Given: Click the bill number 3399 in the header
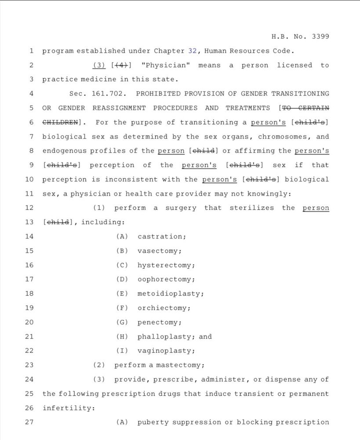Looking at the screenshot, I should click(320, 37).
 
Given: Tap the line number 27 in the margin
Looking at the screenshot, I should click(29, 422).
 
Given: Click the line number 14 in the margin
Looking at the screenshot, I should click(29, 237).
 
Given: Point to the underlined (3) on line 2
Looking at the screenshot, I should click(100, 65).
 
